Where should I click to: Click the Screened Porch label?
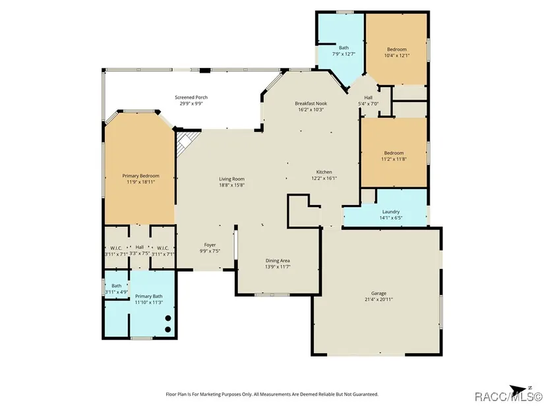191,98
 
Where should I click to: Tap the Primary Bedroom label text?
140,176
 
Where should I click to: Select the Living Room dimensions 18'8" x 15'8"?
231,185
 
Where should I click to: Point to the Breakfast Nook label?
311,103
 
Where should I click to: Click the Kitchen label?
324,172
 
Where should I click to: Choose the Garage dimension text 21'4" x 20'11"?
378,299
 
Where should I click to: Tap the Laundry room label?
390,212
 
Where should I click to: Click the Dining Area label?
278,261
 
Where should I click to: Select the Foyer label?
210,245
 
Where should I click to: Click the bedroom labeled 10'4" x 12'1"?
397,52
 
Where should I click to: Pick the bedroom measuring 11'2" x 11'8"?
394,156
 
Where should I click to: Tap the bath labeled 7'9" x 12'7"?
344,51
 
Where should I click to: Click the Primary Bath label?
149,297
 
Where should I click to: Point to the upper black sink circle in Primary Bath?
168,318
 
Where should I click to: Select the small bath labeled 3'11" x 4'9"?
117,289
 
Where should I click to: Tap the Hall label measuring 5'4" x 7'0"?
368,101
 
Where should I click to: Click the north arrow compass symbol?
519,389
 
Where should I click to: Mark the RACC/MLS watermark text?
508,396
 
